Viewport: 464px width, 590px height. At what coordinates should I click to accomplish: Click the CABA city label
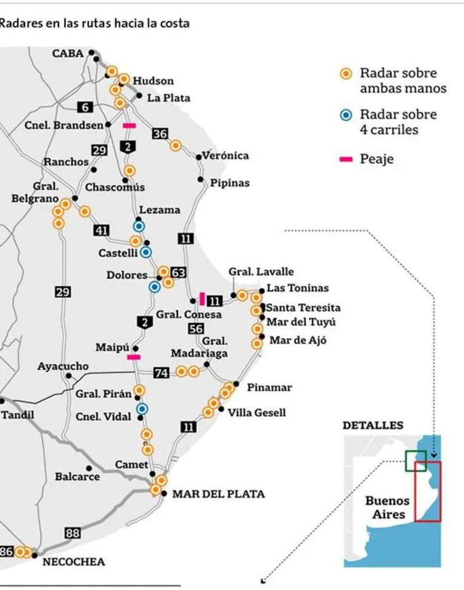coord(68,53)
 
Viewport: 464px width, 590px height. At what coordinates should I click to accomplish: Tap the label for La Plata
coord(169,97)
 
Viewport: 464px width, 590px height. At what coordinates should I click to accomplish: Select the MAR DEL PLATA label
coord(218,494)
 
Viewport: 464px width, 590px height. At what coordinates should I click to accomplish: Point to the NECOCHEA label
coord(74,562)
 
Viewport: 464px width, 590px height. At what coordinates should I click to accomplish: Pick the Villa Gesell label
coord(257,412)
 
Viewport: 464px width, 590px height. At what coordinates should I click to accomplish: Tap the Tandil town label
coord(18,415)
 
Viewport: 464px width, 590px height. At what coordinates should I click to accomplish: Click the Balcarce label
coord(77,477)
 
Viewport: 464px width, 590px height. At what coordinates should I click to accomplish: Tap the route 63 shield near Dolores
coord(178,273)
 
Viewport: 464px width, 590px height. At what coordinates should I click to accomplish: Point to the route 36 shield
coord(160,134)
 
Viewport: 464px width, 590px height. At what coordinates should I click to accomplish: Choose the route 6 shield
coord(85,107)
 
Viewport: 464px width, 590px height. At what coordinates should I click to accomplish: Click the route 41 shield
coord(101,230)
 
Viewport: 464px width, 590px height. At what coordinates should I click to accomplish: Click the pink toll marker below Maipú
coord(134,357)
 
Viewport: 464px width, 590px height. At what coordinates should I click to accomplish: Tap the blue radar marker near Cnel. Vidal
coord(142,409)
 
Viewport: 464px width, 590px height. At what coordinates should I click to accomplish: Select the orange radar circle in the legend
coord(345,74)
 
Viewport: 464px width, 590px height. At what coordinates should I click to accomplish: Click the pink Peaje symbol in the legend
coord(345,160)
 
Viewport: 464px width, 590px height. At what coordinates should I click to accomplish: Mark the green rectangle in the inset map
coord(415,460)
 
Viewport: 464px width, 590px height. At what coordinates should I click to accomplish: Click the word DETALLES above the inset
coord(373,426)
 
